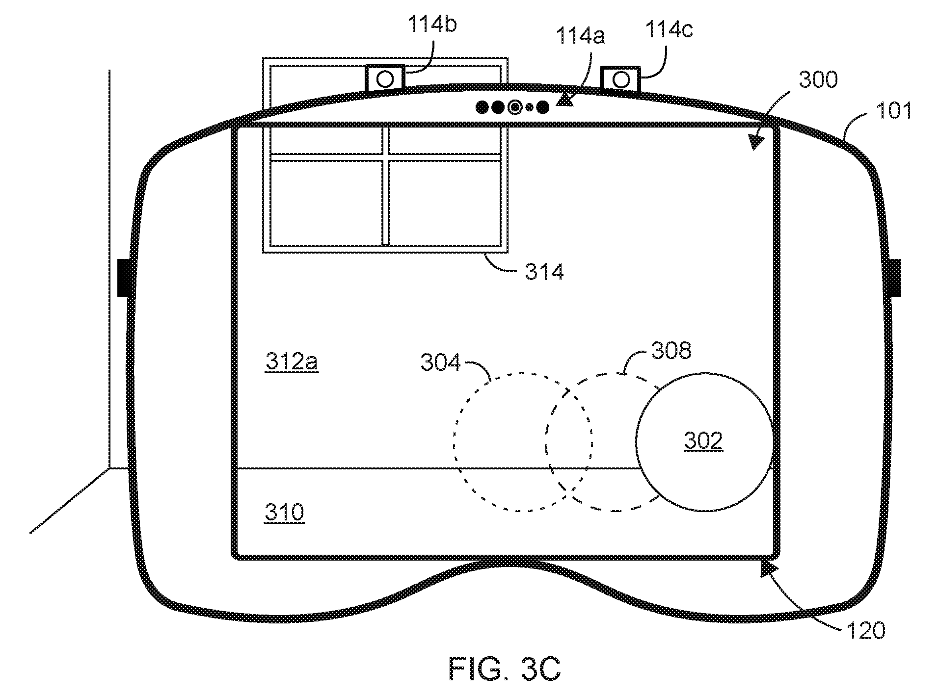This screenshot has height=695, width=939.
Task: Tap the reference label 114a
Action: [581, 36]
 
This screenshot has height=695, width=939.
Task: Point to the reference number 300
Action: [818, 79]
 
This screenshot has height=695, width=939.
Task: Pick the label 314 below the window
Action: [544, 271]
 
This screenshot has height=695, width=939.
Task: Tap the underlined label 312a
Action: [292, 362]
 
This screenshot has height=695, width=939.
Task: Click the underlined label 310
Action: [285, 513]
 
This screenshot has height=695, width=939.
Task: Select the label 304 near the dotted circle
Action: [441, 363]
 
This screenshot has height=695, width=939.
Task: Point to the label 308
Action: [671, 351]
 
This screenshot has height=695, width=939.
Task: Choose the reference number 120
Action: [866, 630]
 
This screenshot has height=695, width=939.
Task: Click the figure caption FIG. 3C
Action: [505, 668]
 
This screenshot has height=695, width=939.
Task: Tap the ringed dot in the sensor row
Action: [514, 107]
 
